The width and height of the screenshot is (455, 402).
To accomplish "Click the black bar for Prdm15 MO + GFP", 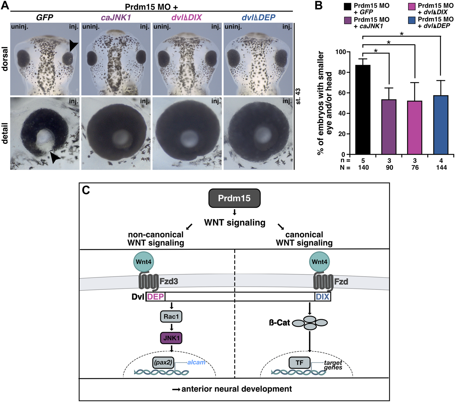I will pyautogui.click(x=363, y=110).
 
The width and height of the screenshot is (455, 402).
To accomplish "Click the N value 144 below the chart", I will pyautogui.click(x=441, y=168).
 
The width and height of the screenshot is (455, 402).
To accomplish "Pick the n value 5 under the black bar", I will pyautogui.click(x=363, y=161).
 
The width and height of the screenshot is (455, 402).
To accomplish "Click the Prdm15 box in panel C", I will pyautogui.click(x=234, y=198).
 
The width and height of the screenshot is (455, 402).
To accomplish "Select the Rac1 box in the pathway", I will pyautogui.click(x=171, y=317).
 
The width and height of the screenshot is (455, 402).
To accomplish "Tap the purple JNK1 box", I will pyautogui.click(x=171, y=338).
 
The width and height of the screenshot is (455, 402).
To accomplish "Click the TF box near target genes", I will pyautogui.click(x=299, y=363).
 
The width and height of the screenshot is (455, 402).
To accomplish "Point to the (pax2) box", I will pyautogui.click(x=163, y=363).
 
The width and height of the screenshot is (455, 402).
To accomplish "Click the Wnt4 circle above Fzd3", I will pyautogui.click(x=144, y=262).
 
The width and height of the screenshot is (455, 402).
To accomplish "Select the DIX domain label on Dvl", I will pyautogui.click(x=323, y=297).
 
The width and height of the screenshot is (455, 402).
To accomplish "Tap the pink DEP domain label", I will pyautogui.click(x=155, y=297).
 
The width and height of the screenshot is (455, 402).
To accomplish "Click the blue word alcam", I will pyautogui.click(x=196, y=362).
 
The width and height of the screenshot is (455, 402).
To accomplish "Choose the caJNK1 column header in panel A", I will pyautogui.click(x=116, y=18).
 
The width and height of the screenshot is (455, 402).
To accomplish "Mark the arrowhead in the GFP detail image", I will pyautogui.click(x=55, y=158).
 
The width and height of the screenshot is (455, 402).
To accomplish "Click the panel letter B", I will pyautogui.click(x=319, y=5).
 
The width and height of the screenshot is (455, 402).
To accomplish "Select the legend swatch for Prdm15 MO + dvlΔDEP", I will pyautogui.click(x=412, y=20).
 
